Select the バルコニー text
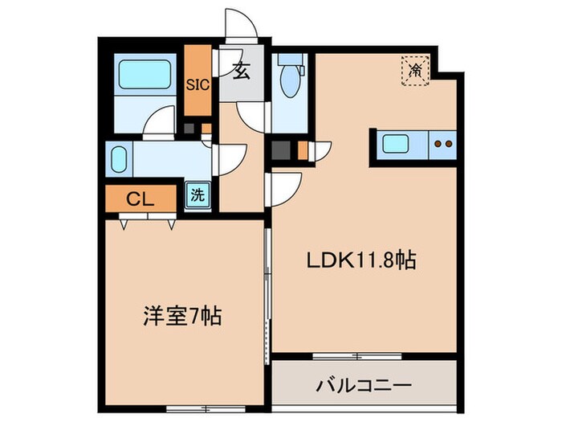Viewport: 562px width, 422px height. tap(365, 383)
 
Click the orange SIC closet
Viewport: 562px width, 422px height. tap(198, 83)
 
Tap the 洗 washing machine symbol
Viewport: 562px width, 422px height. tap(197, 195)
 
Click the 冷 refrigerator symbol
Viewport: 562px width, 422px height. tap(415, 71)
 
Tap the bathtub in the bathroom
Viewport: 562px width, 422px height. tap(142, 77)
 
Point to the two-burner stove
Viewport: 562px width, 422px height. tap(442, 145)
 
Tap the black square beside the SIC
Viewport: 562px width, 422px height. tap(189, 128)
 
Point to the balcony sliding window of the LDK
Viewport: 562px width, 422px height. tap(360, 354)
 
